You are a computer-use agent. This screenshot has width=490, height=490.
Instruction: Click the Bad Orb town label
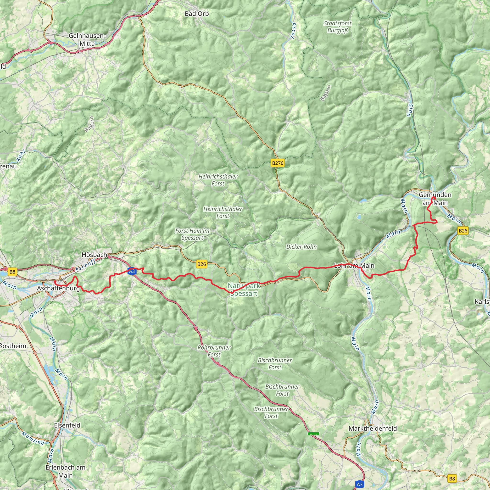tap(197, 14)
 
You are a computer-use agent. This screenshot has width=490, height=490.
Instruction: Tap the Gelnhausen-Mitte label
tap(87, 39)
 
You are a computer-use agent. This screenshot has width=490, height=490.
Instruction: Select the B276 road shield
tap(278, 163)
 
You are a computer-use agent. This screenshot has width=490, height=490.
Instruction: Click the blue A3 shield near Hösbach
tap(132, 271)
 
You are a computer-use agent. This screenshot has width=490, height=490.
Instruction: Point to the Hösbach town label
tap(94, 254)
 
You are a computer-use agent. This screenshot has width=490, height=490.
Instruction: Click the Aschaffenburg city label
tap(58, 288)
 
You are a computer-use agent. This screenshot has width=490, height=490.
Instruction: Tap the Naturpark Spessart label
tap(244, 290)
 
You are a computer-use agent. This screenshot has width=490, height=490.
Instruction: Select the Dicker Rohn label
tap(301, 247)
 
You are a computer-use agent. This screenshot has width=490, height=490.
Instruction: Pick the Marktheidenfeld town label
tap(373, 428)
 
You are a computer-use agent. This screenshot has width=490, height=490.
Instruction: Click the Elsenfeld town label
tap(67, 425)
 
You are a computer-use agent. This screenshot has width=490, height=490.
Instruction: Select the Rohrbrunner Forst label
tap(214, 351)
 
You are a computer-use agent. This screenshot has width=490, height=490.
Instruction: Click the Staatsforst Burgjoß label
tap(338, 27)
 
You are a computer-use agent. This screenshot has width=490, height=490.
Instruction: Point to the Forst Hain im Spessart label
tap(192, 234)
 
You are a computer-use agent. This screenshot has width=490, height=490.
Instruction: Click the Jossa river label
tap(293, 31)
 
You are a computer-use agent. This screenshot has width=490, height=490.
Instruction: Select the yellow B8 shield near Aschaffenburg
tap(12, 272)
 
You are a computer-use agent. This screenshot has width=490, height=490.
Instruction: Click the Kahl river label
tap(21, 156)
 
